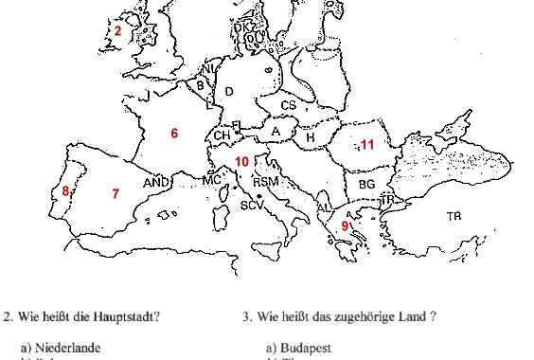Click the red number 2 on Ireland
tap(117, 31)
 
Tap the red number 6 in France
tap(174, 134)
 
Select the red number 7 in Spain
tap(116, 194)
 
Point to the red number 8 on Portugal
tap(65, 192)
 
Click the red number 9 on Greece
tap(346, 225)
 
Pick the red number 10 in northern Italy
tap(242, 162)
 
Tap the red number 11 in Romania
tap(368, 145)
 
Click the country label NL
tap(210, 69)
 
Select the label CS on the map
tap(289, 105)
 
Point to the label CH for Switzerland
tap(222, 136)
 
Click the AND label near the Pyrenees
tap(155, 182)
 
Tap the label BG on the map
tap(367, 184)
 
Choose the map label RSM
tap(266, 182)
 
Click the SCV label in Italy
tap(252, 205)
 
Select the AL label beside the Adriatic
tap(323, 207)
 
